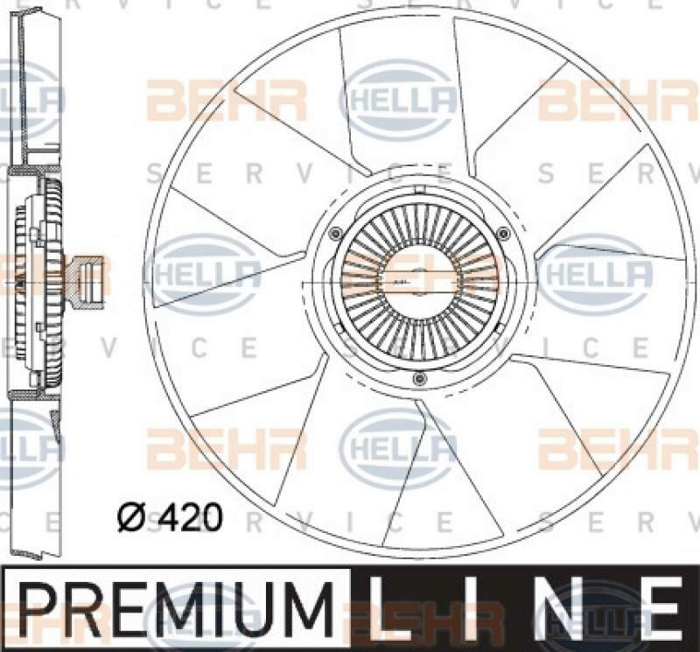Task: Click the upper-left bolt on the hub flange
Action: [x=335, y=232]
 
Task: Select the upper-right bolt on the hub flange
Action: [x=502, y=232]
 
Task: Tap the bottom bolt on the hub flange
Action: [x=419, y=378]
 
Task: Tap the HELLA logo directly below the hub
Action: [x=398, y=448]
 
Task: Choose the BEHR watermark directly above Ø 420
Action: [x=227, y=448]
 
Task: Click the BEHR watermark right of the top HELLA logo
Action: [x=618, y=100]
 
